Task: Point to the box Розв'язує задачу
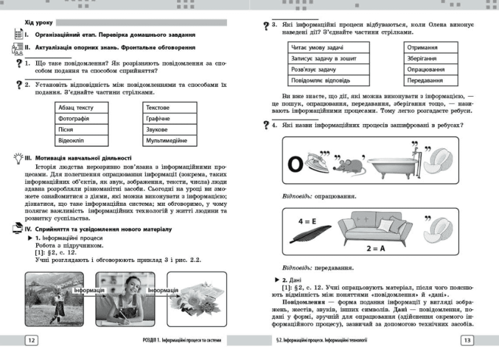[x=329, y=70]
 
